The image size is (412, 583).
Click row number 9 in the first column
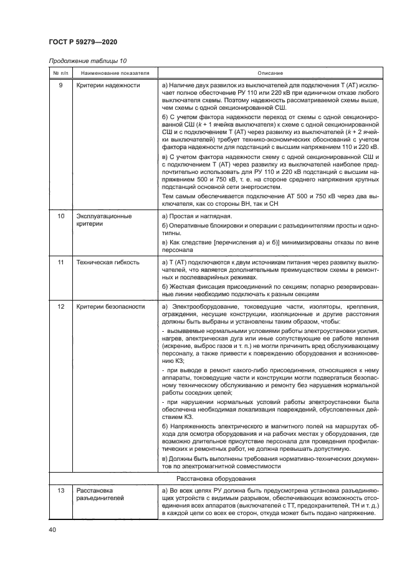pyautogui.click(x=60, y=85)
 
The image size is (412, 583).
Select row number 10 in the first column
pyautogui.click(x=60, y=216)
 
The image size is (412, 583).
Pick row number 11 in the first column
pyautogui.click(x=60, y=263)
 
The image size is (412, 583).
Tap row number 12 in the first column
pyautogui.click(x=60, y=307)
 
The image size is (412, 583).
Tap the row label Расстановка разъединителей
pyautogui.click(x=100, y=495)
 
